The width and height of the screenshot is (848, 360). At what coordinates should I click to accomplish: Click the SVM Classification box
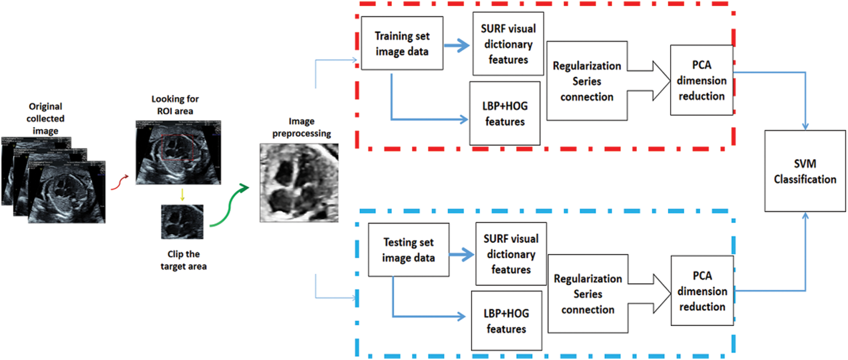click(x=804, y=171)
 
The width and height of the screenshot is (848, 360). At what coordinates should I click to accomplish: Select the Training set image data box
click(x=402, y=44)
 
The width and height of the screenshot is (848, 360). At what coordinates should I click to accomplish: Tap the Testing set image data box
click(x=408, y=250)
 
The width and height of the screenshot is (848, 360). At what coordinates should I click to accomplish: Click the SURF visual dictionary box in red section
click(x=508, y=44)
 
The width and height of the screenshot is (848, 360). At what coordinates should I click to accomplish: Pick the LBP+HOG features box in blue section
click(x=506, y=321)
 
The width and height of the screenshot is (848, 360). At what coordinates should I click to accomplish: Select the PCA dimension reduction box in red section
click(x=701, y=80)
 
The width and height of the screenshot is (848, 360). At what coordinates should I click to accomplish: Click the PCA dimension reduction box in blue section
click(x=702, y=291)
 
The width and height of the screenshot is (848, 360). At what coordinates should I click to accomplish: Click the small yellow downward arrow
click(x=182, y=195)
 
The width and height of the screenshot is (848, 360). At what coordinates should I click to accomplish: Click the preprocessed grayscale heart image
click(x=299, y=182)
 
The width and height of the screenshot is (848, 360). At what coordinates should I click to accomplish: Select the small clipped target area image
click(x=182, y=222)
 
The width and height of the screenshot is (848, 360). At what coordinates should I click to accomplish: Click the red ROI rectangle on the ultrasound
click(x=178, y=148)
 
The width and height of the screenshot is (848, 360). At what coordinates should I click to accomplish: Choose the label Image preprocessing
click(x=301, y=127)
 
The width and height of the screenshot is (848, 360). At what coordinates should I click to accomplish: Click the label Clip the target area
click(x=183, y=260)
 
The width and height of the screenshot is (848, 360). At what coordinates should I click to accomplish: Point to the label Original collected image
click(x=45, y=119)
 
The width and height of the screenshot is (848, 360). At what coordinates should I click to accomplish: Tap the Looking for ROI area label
click(x=175, y=105)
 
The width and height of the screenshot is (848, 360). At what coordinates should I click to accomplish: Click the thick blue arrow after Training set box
click(x=457, y=45)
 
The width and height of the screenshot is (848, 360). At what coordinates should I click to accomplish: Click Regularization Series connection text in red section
click(x=587, y=81)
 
